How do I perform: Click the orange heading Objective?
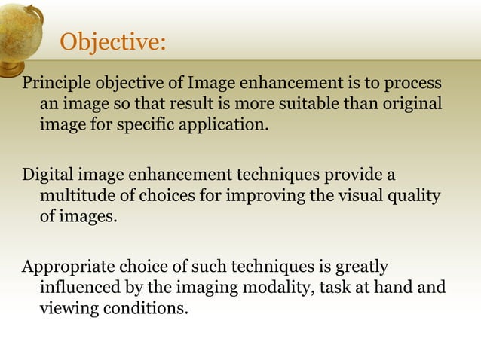tap(112, 42)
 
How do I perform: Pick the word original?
tap(412, 102)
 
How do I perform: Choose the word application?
tap(220, 124)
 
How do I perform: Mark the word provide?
tap(354, 175)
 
